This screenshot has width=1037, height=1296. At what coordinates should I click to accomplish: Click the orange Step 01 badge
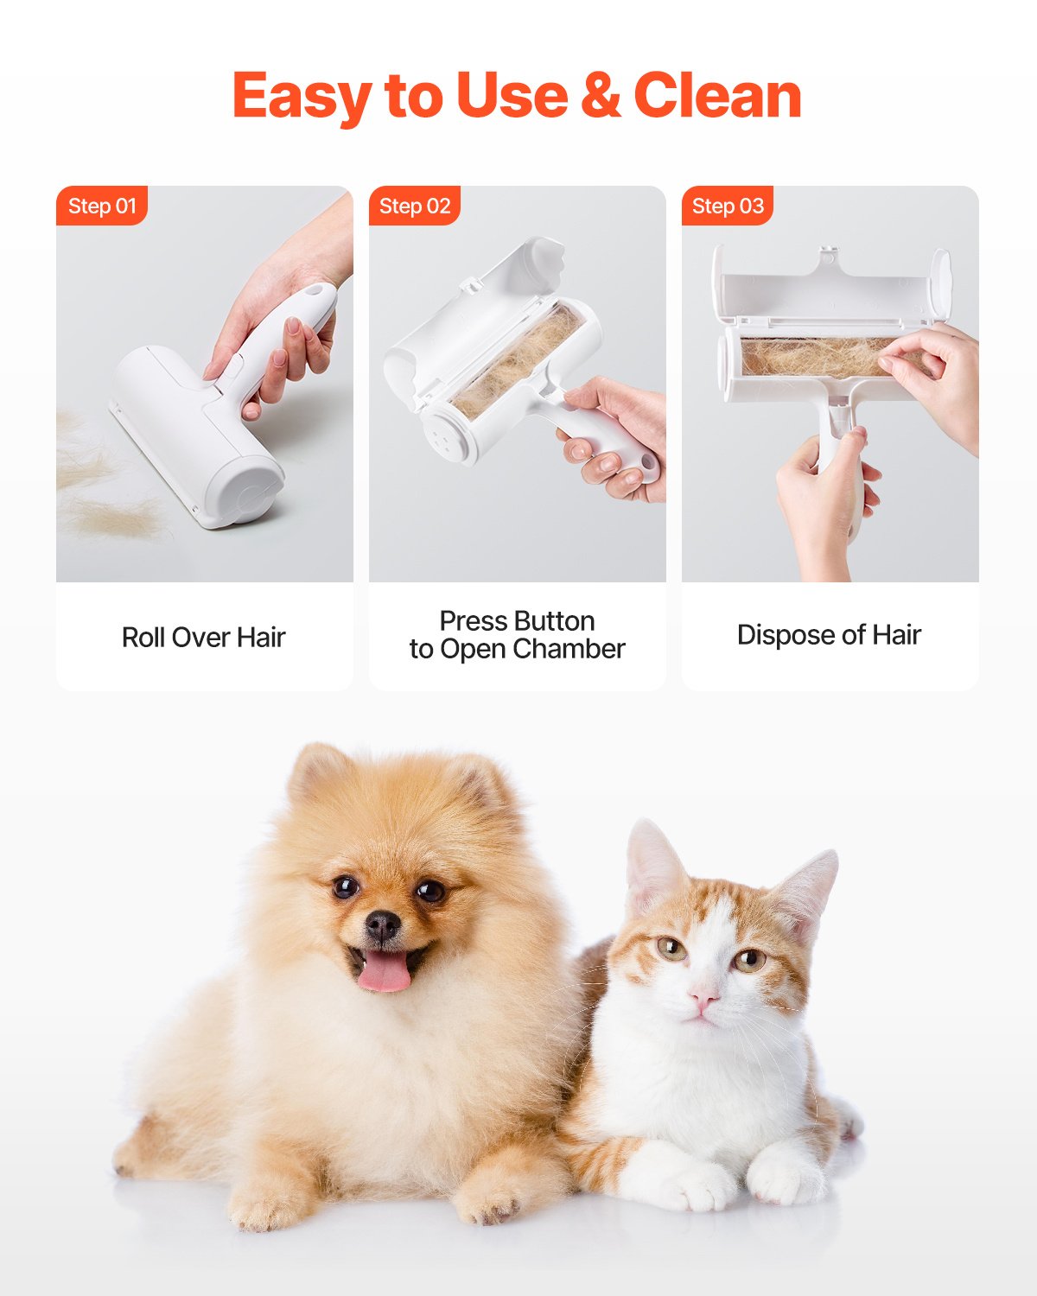tap(102, 206)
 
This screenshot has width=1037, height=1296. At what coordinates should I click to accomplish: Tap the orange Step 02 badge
tap(415, 206)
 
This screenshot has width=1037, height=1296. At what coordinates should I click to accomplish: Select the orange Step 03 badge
tap(728, 206)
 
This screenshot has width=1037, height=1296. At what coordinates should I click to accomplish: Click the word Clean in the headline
tap(717, 95)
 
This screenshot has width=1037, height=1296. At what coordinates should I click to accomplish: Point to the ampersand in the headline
tap(601, 95)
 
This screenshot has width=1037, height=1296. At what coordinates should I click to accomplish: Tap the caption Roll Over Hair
tap(204, 638)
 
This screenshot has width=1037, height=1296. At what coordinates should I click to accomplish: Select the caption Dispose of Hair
tap(829, 635)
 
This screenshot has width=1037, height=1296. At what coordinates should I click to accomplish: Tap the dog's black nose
tap(382, 926)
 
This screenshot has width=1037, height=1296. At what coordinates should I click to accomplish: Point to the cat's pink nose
tap(703, 1000)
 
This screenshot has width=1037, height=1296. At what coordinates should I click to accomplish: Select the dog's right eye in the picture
tap(429, 890)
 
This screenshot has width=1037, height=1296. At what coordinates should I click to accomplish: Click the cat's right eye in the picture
tap(749, 958)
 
